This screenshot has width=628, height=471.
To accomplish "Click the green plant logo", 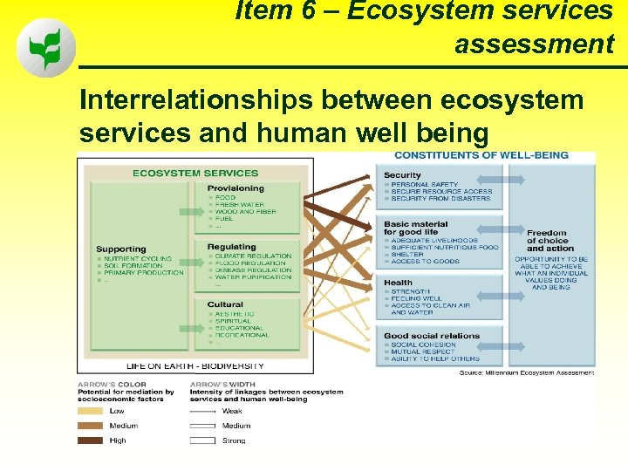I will (x=46, y=49).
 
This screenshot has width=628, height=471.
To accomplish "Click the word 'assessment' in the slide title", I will (x=534, y=44).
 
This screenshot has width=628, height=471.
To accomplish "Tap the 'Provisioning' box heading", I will (x=235, y=188).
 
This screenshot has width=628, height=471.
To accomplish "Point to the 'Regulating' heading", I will (x=232, y=247).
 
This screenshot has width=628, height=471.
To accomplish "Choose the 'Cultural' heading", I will (x=225, y=305).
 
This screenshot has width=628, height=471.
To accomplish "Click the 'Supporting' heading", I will (x=121, y=249).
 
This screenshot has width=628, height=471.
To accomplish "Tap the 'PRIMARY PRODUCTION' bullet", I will (x=144, y=273).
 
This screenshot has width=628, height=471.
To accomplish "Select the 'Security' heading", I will (x=402, y=175).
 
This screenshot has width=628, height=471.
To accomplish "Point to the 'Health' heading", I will (x=398, y=283).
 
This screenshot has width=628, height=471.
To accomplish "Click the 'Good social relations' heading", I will (x=432, y=336).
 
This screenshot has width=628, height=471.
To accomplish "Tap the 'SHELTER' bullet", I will (x=407, y=255).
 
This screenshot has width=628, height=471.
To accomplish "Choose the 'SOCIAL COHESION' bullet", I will (x=423, y=345).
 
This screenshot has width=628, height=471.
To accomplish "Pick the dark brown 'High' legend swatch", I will (x=91, y=440).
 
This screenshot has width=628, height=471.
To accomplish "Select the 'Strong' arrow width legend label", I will (x=233, y=440).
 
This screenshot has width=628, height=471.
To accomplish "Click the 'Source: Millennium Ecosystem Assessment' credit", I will (x=527, y=372).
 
